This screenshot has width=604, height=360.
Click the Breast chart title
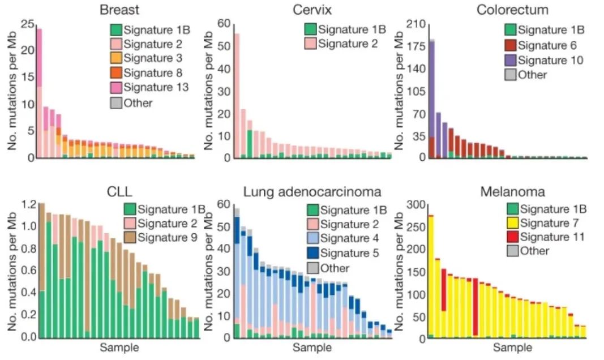(119, 10)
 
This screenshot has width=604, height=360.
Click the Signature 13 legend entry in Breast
(150, 87)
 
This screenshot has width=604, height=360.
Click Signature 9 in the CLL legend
(164, 237)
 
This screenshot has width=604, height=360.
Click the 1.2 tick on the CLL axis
(28, 204)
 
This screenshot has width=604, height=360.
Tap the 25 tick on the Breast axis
(27, 24)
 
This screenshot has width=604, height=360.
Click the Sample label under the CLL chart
(119, 346)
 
